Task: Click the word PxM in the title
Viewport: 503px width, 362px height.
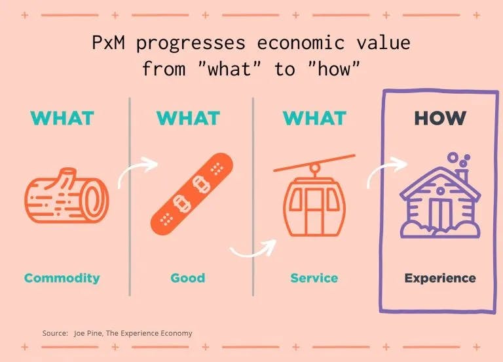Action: click(x=108, y=43)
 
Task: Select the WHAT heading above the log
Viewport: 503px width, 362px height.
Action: click(x=62, y=118)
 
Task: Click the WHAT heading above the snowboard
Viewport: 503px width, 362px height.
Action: click(x=189, y=118)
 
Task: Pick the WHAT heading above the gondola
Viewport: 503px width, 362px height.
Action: click(x=314, y=118)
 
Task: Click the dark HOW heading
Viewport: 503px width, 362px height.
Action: click(x=440, y=118)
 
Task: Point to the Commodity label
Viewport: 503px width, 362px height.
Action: click(x=62, y=278)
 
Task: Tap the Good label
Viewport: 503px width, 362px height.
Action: click(x=188, y=278)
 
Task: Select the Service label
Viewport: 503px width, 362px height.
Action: click(x=314, y=278)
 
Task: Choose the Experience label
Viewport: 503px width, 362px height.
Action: click(x=440, y=279)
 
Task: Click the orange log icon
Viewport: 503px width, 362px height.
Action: click(x=67, y=196)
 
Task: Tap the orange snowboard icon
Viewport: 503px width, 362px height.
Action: click(x=192, y=193)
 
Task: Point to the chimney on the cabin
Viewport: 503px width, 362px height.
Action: click(x=462, y=176)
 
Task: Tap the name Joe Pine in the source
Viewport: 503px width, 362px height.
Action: click(x=88, y=333)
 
